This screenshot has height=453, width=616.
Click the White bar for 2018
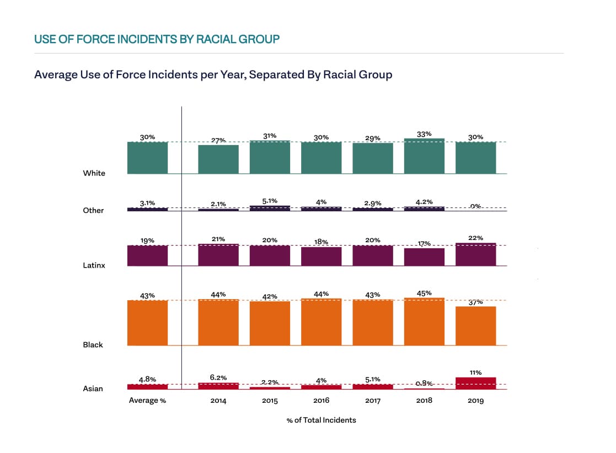coord(424,156)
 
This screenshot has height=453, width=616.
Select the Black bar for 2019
coord(475,326)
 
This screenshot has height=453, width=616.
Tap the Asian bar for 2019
coord(475,383)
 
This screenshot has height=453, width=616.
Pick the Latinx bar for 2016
coord(321,257)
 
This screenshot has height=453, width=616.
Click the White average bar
coord(147,158)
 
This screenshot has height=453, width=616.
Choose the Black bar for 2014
coord(218,322)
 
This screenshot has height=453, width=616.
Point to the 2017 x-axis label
coord(373,401)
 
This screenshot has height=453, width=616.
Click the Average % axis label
coord(147,401)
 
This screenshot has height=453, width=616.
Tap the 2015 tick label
coord(270,401)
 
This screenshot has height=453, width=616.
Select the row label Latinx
coord(94,265)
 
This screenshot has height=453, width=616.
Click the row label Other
coord(93,210)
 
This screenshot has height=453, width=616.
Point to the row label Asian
coord(93,388)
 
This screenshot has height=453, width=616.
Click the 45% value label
coord(424,293)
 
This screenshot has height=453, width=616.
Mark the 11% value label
coord(475,372)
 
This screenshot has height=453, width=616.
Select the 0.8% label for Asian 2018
coord(424,383)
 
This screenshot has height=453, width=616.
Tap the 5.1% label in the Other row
coord(270,201)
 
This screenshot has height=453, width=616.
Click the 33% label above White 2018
coord(424,134)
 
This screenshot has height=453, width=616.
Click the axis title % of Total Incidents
coord(321,420)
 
